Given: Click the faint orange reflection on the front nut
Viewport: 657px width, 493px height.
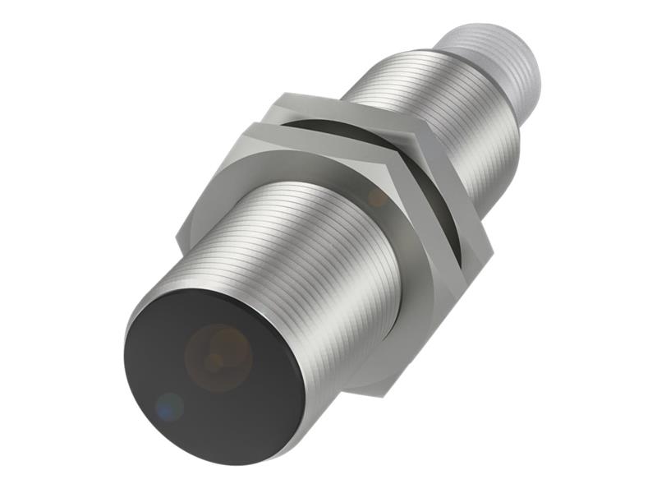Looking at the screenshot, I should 377,196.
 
